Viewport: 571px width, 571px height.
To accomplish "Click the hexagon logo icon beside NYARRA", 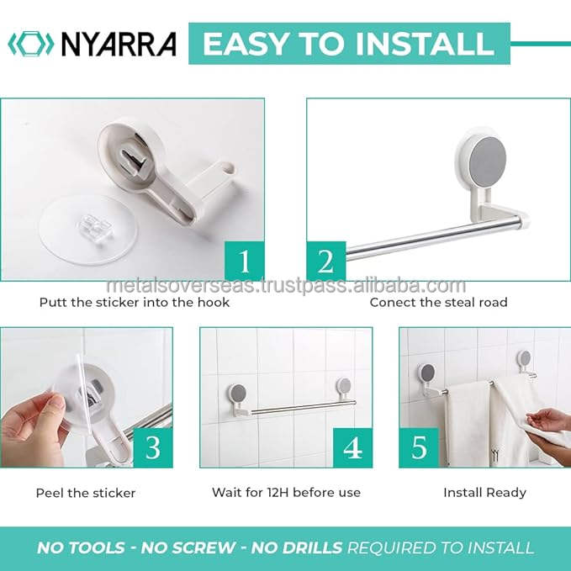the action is click(30, 44).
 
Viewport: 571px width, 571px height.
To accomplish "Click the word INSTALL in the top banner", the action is click(424, 44).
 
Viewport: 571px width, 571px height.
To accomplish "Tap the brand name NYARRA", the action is click(119, 44).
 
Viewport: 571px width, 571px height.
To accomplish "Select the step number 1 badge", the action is click(245, 261).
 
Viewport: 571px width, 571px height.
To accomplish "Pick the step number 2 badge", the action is click(326, 261).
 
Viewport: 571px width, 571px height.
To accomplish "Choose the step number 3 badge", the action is click(153, 447).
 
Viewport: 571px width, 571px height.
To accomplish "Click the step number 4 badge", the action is click(352, 447).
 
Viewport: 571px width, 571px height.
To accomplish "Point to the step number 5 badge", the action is click(419, 447).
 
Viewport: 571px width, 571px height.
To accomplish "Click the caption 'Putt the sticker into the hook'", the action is click(135, 302).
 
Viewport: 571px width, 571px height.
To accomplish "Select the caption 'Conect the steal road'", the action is click(438, 302).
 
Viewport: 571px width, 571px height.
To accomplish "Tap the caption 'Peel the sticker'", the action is click(86, 493).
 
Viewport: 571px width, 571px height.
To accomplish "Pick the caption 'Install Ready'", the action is click(484, 493).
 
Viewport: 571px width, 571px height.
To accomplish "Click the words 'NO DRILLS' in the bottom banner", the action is click(297, 547).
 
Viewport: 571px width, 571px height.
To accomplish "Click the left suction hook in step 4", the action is click(238, 399).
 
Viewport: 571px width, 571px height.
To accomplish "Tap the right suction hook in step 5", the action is click(526, 364).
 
